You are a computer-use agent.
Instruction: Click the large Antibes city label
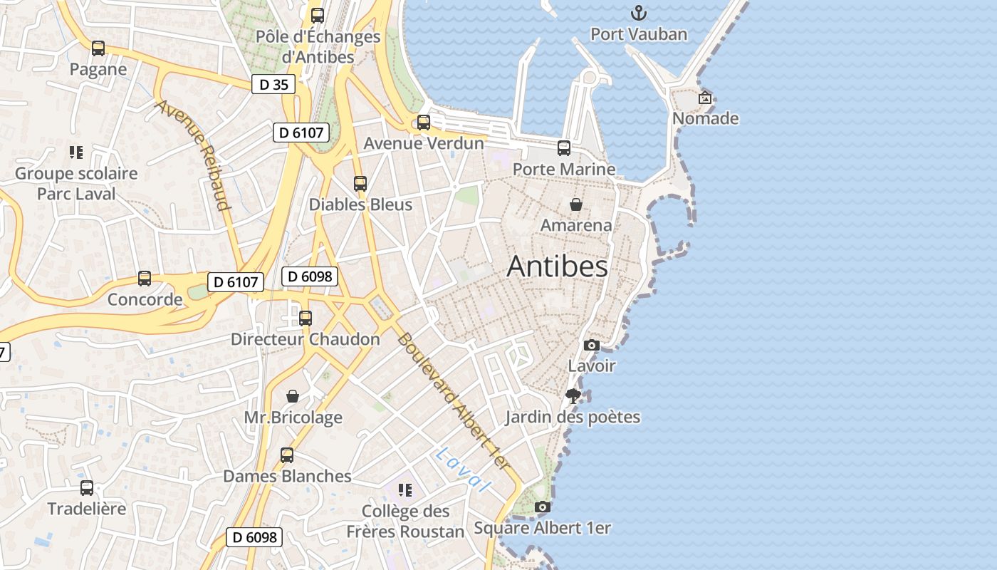click(558, 266)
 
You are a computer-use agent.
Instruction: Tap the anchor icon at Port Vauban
click(639, 13)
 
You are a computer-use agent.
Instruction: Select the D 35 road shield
click(273, 84)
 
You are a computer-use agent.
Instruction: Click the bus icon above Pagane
click(98, 48)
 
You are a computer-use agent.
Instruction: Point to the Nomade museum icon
click(705, 98)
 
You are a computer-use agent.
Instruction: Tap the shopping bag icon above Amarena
click(576, 204)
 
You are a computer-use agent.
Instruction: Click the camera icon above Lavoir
click(591, 345)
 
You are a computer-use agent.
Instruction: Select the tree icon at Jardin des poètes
click(573, 396)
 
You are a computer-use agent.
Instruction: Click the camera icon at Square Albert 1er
click(543, 507)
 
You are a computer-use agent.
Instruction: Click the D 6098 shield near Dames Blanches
click(254, 537)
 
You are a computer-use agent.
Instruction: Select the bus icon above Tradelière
click(87, 488)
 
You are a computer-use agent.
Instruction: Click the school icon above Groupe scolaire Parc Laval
click(76, 152)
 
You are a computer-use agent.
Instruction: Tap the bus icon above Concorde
click(145, 279)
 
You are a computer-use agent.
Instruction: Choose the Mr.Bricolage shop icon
click(293, 396)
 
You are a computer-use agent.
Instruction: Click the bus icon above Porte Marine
click(564, 148)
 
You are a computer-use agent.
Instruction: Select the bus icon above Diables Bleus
click(360, 184)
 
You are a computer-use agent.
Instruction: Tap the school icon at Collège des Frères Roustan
click(405, 490)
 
